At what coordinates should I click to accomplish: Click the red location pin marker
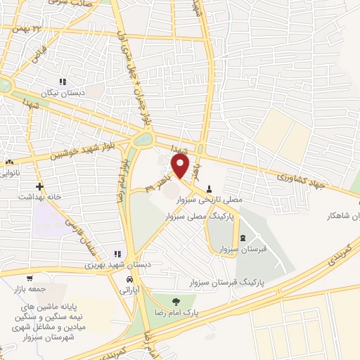[x=181, y=167]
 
